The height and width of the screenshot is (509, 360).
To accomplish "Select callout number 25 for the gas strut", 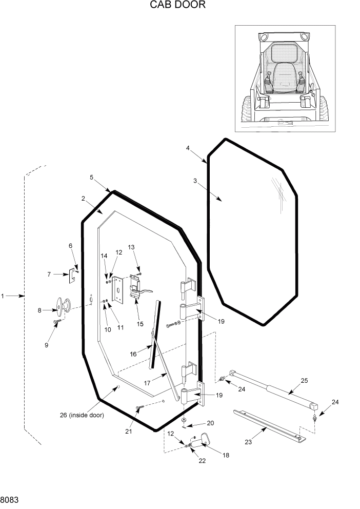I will [304, 380].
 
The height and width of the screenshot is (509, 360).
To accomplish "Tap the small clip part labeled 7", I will [73, 276].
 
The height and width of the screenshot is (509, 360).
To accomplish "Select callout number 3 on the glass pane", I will [195, 181].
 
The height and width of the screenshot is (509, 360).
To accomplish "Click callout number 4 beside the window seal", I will [188, 148].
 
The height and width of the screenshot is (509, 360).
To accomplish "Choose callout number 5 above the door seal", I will [91, 178].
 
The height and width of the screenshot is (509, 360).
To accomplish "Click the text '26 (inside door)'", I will [82, 415].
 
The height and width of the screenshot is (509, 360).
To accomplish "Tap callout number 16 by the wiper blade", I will [133, 354].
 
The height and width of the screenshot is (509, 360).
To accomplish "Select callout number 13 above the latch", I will [131, 247].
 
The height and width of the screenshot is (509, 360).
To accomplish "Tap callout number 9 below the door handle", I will [46, 345].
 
